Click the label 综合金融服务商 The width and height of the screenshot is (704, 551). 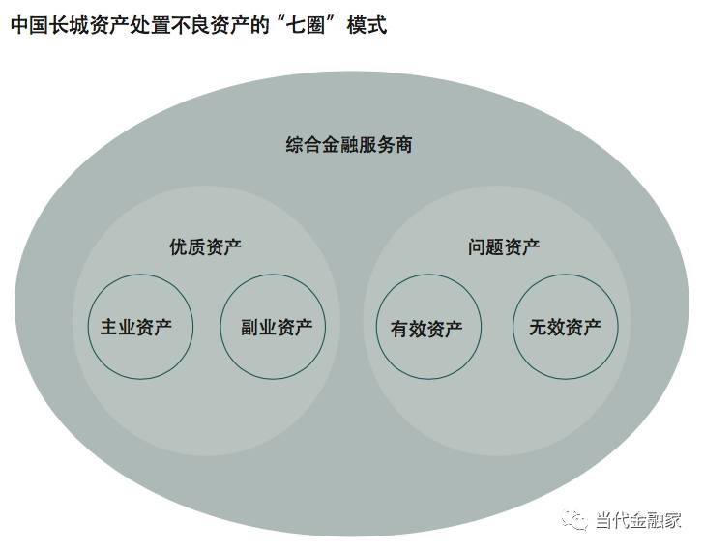(x=349, y=145)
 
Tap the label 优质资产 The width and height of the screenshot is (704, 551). (x=205, y=246)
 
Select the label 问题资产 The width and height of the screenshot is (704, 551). (x=504, y=246)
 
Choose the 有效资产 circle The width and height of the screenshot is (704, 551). (x=426, y=328)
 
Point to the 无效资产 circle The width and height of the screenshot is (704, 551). (x=565, y=327)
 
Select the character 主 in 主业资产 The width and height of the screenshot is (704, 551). (x=110, y=327)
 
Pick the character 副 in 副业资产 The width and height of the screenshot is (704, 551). (x=249, y=327)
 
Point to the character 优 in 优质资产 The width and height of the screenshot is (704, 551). (x=178, y=246)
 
